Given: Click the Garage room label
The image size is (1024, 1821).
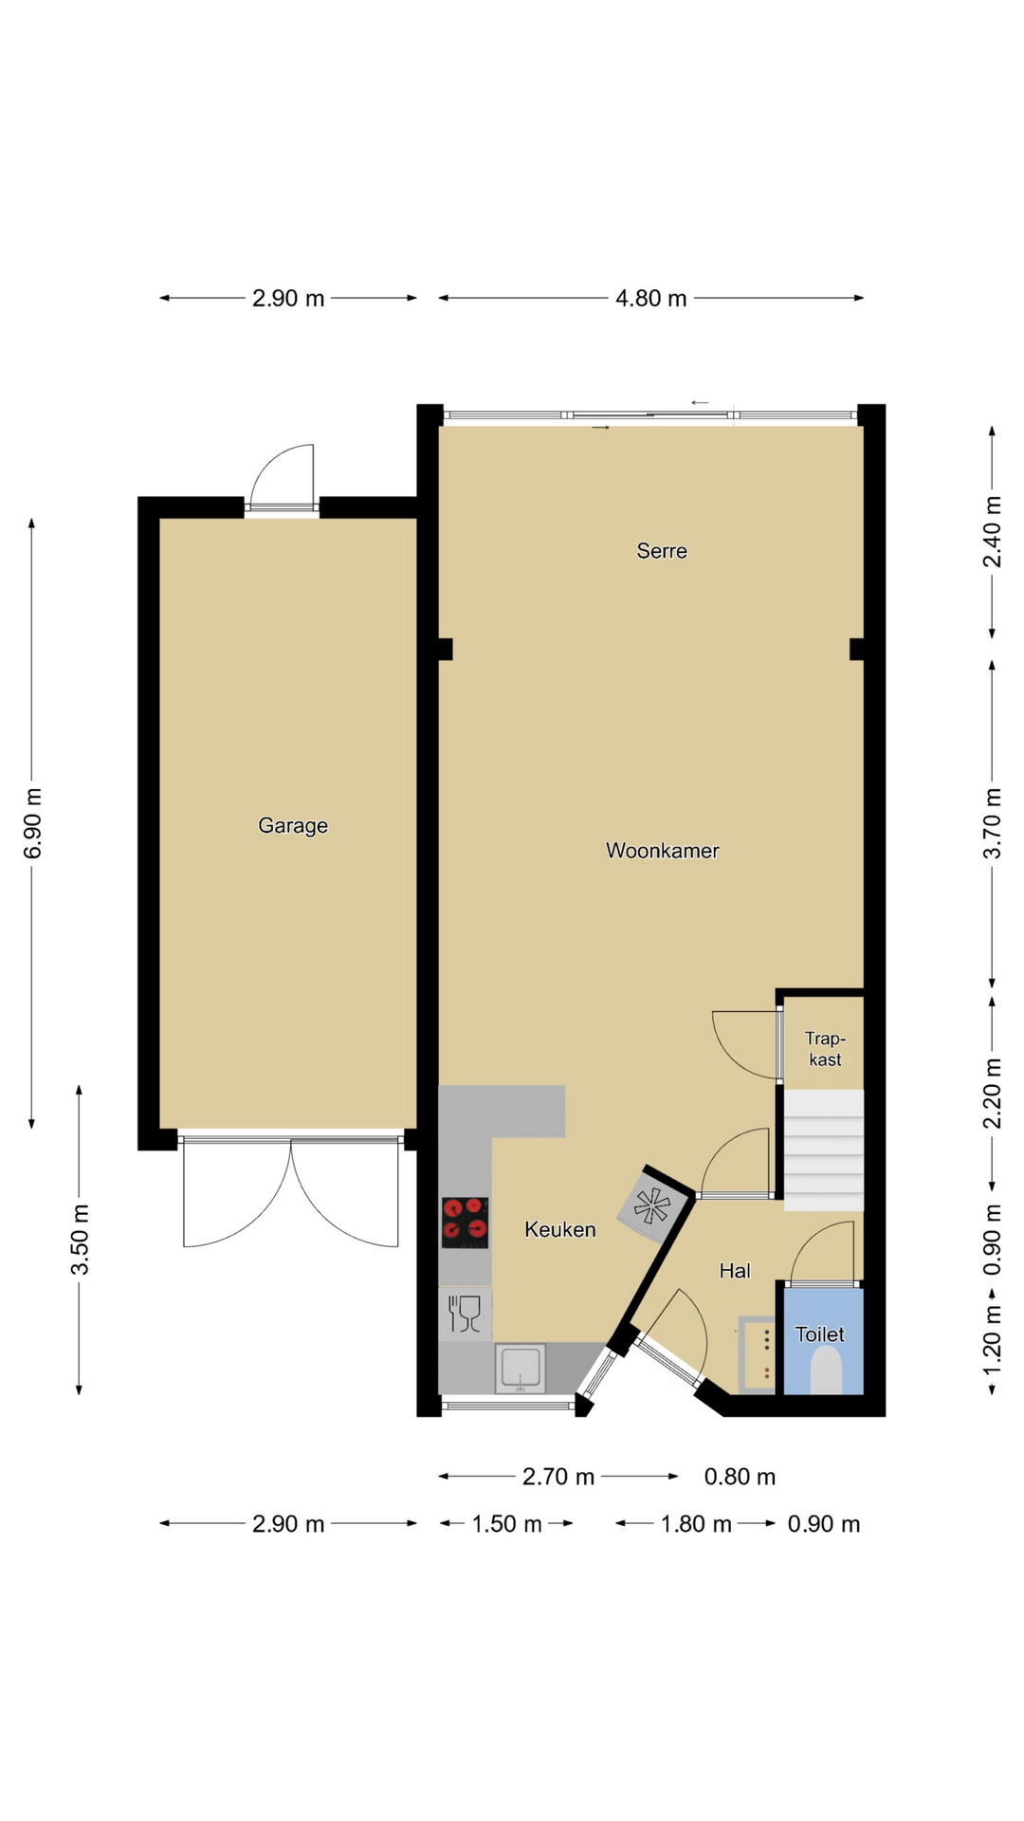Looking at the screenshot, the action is (x=293, y=826).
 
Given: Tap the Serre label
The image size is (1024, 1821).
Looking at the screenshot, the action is (x=662, y=551).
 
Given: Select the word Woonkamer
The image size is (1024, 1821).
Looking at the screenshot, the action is (x=663, y=851).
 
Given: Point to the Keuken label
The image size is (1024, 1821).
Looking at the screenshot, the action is (x=560, y=1230).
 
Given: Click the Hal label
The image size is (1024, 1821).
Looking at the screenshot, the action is (x=735, y=1271).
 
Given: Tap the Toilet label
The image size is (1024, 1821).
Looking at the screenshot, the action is (x=820, y=1334).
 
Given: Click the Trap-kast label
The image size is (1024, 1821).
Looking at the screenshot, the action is (x=825, y=1049).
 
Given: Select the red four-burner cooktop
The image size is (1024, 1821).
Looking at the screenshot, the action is (x=465, y=1222).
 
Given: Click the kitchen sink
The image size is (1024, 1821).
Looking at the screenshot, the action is (x=521, y=1368).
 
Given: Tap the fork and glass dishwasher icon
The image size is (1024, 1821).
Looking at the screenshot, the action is (x=465, y=1314).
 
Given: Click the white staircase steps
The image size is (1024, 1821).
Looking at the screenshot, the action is (x=824, y=1150).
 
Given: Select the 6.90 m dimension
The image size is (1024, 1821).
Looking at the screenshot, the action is (x=32, y=823).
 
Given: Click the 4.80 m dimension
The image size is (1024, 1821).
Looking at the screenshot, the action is (x=651, y=299).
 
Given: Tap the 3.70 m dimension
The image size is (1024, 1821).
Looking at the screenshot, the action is (x=992, y=823).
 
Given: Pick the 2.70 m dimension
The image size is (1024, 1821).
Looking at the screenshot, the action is (x=558, y=1477).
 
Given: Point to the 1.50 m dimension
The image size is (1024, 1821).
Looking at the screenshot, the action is (x=507, y=1524).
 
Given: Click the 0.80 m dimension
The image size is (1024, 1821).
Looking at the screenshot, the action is (x=740, y=1477).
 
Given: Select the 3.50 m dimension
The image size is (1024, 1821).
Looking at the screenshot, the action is (x=80, y=1240).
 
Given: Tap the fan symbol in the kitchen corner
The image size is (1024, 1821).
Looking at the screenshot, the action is (x=651, y=1205).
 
